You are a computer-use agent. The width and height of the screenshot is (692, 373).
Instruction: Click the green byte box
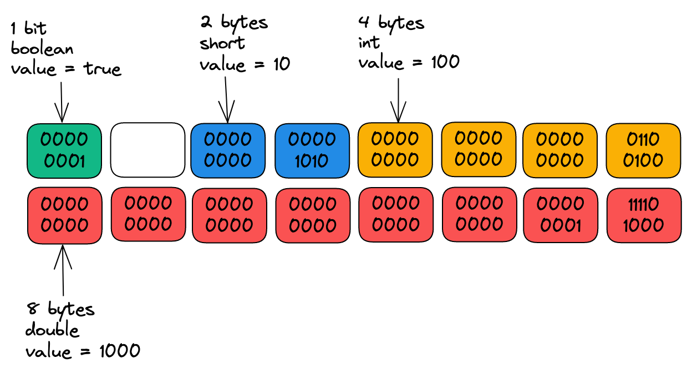pos(64,149)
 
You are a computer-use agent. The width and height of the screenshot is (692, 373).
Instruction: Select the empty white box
pos(147,150)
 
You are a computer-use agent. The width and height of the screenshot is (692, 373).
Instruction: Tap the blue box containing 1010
pos(312,150)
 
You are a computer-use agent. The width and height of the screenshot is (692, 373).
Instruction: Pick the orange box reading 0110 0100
pos(643,150)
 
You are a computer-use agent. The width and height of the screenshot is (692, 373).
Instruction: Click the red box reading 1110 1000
pos(643,215)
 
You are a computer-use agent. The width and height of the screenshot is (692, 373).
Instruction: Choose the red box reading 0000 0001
pos(560,215)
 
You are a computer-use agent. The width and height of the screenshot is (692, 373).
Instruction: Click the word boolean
pos(42,49)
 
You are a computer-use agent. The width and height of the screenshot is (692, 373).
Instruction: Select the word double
pos(52,330)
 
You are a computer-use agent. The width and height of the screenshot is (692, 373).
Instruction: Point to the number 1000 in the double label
pos(119,351)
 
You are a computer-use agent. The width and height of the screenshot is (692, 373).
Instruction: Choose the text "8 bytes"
pos(60,309)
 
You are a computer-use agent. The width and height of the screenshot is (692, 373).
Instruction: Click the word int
pos(369,43)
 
